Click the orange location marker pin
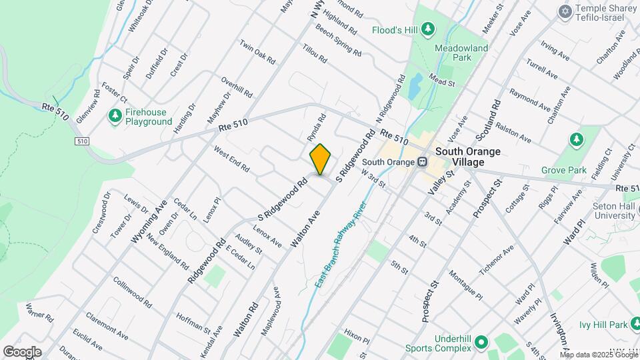(x=321, y=159)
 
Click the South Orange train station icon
(x=422, y=162)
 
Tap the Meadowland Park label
(x=461, y=53)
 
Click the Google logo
(x=22, y=352)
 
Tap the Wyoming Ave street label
(x=149, y=221)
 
